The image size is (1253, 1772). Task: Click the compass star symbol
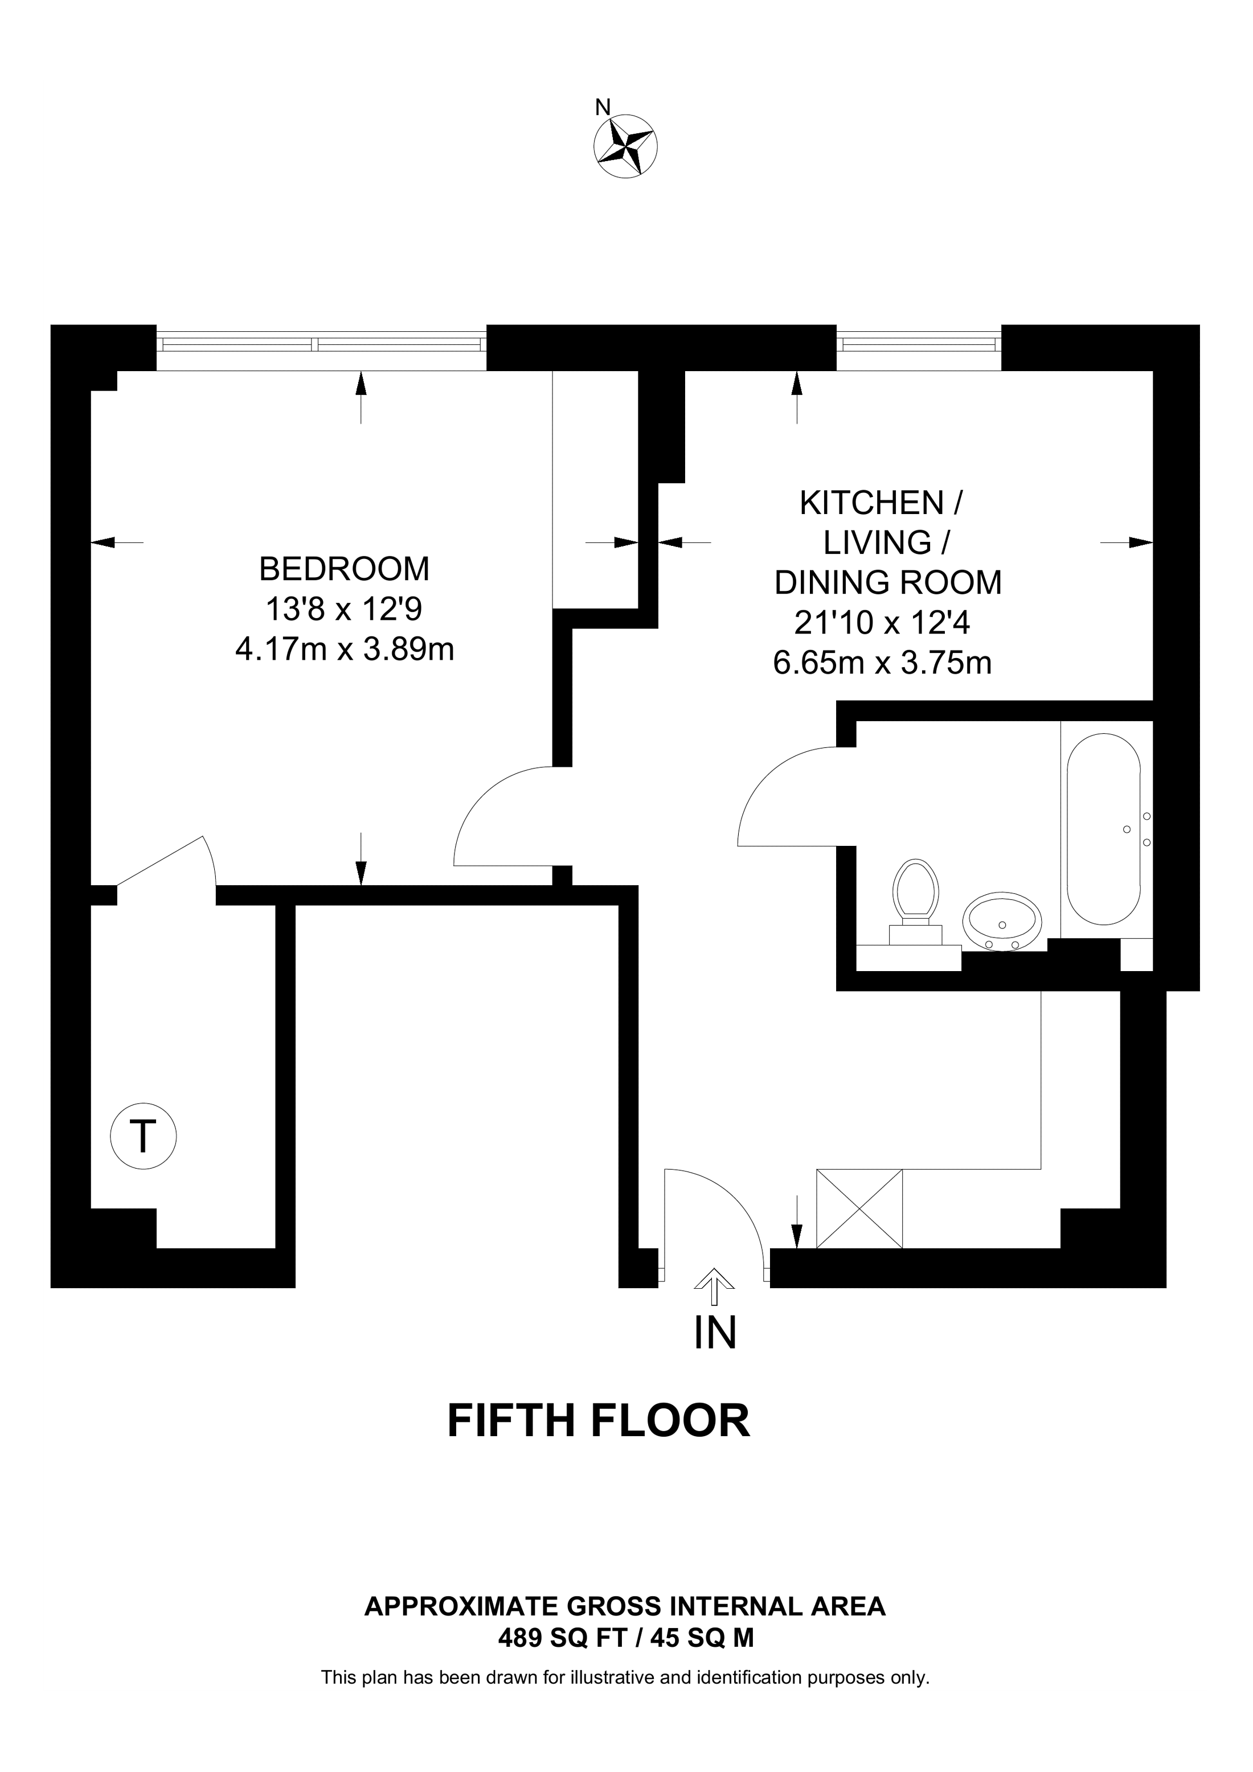pyautogui.click(x=625, y=147)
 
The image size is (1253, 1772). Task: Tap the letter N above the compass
pyautogui.click(x=603, y=107)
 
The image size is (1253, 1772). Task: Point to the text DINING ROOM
pyautogui.click(x=888, y=583)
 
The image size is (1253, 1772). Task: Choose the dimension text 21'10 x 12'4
pyautogui.click(x=882, y=622)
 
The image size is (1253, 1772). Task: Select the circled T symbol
pyautogui.click(x=143, y=1136)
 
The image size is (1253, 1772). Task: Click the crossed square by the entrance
pyautogui.click(x=859, y=1208)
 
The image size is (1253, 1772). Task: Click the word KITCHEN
pyautogui.click(x=871, y=503)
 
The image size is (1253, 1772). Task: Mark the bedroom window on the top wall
pyautogui.click(x=322, y=348)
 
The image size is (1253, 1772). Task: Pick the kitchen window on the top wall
pyautogui.click(x=919, y=348)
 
